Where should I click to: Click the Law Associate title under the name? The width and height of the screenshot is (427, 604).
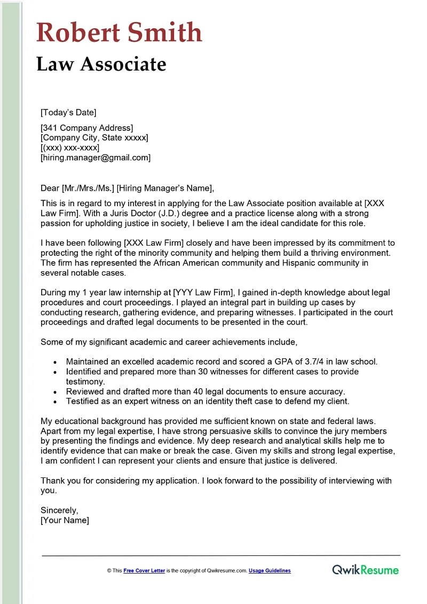(101, 64)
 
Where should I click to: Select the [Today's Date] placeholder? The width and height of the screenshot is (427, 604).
(68, 112)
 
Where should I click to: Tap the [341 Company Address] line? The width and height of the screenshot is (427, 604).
(87, 128)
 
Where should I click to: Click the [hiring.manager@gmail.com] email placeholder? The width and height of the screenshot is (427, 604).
(96, 158)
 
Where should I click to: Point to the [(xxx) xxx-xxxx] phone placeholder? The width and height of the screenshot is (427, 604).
(70, 147)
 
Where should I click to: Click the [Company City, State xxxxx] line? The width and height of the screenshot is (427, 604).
(94, 138)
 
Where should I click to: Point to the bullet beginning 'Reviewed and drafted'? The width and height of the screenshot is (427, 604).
(205, 391)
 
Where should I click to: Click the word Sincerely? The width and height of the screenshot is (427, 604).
(59, 510)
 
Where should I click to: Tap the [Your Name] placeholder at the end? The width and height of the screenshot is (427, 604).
(65, 520)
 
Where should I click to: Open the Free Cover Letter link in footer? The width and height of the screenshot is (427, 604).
(144, 571)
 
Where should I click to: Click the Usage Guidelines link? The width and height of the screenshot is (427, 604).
(270, 571)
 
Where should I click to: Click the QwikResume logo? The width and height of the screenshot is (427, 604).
(365, 570)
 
